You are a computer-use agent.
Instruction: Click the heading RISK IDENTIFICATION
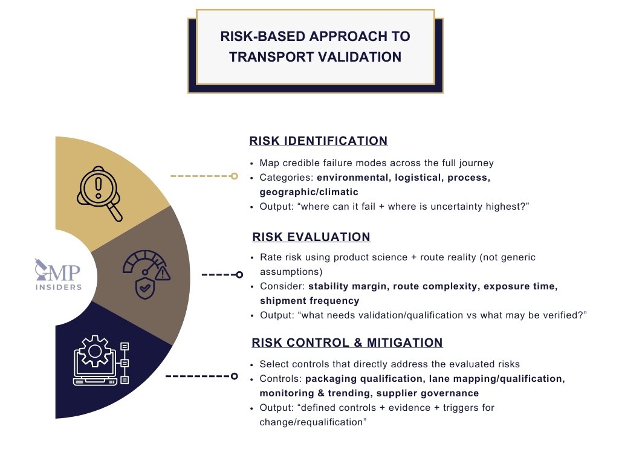(318, 141)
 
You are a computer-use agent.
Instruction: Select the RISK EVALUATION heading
(311, 237)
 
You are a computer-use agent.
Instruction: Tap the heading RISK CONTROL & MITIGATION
(347, 343)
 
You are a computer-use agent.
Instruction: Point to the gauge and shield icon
(146, 275)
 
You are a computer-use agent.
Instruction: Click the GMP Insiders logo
(58, 275)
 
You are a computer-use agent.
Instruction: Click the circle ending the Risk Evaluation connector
(239, 274)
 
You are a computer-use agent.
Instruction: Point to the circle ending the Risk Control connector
(234, 376)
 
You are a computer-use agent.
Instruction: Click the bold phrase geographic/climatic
(308, 192)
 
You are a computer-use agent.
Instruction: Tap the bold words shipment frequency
(309, 301)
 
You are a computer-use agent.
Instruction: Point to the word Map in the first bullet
(269, 163)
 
